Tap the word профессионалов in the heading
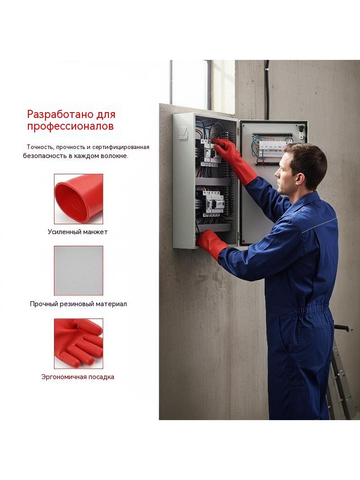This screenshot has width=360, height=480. (70, 126)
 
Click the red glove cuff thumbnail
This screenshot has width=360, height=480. (79, 199)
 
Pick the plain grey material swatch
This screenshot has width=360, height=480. (79, 271)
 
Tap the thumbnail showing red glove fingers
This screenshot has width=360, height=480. (79, 344)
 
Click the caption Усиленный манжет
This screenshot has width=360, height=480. (78, 232)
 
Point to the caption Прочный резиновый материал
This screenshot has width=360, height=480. (78, 304)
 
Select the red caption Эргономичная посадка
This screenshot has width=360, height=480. (78, 377)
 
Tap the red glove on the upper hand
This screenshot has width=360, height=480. (235, 160)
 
